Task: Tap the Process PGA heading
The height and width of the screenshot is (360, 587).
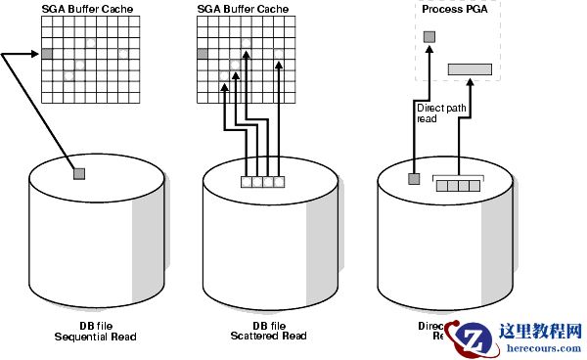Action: point(454,9)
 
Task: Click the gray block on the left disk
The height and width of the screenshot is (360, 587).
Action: point(79,174)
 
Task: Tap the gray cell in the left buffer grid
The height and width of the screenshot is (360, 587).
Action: point(46,54)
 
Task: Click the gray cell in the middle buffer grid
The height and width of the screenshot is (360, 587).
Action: point(203,54)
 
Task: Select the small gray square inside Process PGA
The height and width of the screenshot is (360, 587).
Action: point(429,37)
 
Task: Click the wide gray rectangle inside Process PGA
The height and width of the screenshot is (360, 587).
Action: point(470,68)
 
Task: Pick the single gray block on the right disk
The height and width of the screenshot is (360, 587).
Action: point(414,179)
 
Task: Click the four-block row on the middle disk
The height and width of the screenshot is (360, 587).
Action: point(262,181)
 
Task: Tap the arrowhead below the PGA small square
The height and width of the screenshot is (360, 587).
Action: point(429,49)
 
